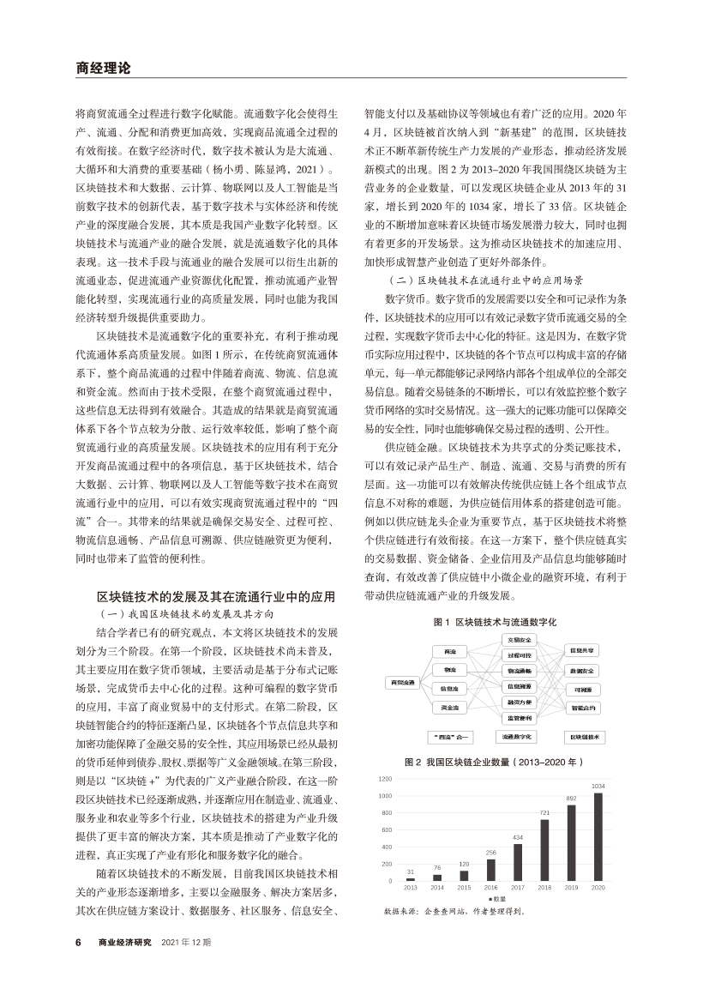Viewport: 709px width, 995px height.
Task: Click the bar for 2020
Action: pos(598,837)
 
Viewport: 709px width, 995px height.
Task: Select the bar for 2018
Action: pos(544,850)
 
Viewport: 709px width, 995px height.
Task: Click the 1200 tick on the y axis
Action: pos(386,779)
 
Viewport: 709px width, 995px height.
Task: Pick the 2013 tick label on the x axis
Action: pos(411,888)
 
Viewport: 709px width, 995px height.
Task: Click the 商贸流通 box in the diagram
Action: pos(401,682)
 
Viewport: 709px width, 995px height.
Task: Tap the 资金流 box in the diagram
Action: pos(449,708)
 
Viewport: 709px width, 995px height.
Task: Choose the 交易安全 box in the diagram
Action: pos(517,639)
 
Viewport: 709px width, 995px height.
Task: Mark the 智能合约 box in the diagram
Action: pos(585,708)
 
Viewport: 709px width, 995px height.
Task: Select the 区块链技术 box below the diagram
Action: pos(585,737)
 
